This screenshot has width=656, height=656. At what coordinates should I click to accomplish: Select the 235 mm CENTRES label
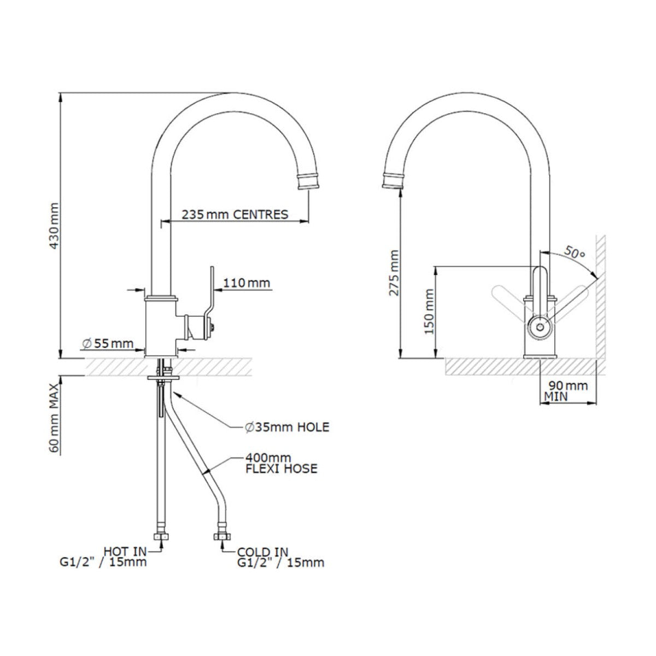click(235, 214)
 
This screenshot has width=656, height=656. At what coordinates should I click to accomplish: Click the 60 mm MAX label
click(54, 417)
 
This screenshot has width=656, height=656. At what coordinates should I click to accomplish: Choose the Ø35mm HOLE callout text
click(286, 427)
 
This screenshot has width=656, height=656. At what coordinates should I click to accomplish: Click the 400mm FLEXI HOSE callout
click(281, 463)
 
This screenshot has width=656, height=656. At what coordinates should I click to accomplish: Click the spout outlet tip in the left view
click(307, 182)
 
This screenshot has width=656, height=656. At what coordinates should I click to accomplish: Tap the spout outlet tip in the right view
click(392, 180)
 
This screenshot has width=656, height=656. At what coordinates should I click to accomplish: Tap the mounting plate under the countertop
click(162, 377)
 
